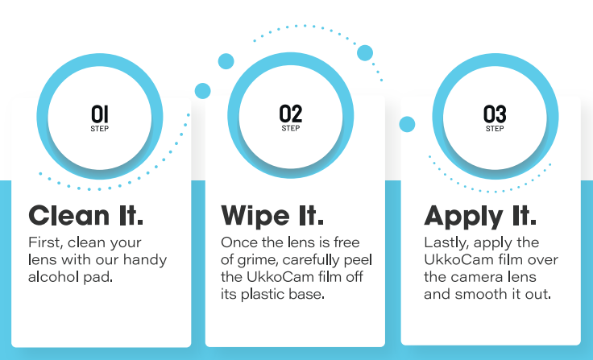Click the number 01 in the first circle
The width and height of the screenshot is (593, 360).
pyautogui.click(x=100, y=114)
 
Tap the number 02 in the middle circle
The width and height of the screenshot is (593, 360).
pyautogui.click(x=291, y=114)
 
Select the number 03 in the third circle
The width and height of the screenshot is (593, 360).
pyautogui.click(x=495, y=114)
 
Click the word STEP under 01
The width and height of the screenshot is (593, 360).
pyautogui.click(x=100, y=129)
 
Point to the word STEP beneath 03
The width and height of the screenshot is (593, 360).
pyautogui.click(x=495, y=129)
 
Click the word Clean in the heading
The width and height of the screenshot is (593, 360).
pyautogui.click(x=68, y=216)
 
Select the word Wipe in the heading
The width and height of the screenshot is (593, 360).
pyautogui.click(x=255, y=216)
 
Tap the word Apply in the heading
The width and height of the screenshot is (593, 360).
pyautogui.click(x=463, y=216)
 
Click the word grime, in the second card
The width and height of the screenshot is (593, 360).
pyautogui.click(x=258, y=260)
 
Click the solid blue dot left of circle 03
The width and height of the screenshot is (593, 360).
pyautogui.click(x=407, y=124)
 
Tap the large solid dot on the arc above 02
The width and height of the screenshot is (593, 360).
pyautogui.click(x=365, y=53)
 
